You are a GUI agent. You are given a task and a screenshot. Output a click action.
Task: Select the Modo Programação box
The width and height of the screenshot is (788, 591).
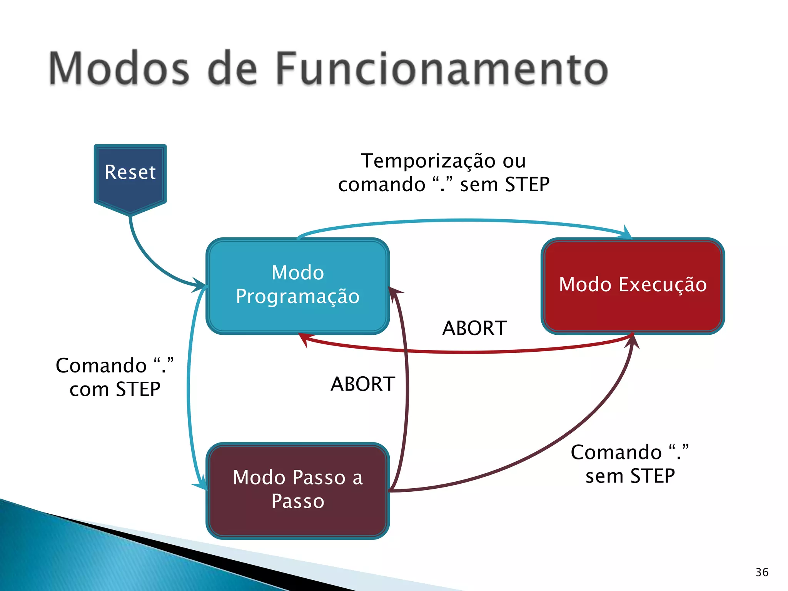point(298,285)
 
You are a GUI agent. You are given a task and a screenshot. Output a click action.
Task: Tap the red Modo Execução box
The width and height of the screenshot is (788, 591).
point(633,285)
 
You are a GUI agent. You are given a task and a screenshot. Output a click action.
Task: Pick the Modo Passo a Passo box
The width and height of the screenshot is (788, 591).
point(298,490)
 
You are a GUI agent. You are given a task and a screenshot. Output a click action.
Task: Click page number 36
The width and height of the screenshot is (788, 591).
point(762,572)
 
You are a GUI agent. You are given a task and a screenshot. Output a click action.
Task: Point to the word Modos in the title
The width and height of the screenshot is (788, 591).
point(119,69)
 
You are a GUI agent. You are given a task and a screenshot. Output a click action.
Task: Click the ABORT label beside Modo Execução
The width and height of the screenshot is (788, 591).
point(474,328)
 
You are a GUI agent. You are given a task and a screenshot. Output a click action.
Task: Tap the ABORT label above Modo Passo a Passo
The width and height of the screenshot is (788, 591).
point(363,384)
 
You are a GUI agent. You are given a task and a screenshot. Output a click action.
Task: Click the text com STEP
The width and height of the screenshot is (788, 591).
point(115,389)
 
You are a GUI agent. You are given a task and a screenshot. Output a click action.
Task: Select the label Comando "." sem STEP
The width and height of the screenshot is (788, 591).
point(630,464)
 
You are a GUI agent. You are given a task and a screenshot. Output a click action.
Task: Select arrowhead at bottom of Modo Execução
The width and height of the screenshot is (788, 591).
point(633,341)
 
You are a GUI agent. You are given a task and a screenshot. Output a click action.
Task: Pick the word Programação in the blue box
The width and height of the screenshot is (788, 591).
point(298,297)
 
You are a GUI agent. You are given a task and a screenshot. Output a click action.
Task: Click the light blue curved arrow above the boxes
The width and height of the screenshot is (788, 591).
point(462,220)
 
